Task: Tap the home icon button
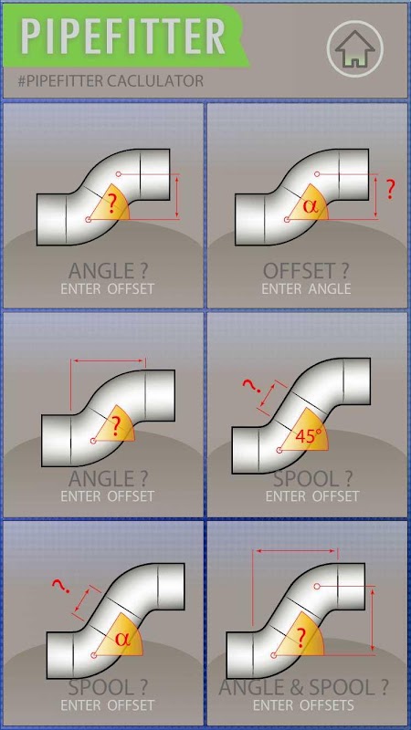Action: point(355,48)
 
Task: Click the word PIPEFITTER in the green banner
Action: point(123,36)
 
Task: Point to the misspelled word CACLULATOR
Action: point(154,81)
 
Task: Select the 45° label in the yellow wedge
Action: point(308,436)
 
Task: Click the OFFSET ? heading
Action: point(306,270)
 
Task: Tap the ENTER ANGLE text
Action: point(306,288)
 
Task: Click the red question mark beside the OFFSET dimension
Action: point(391,190)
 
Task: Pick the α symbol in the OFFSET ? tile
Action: point(310,205)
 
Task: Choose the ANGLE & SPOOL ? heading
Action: point(303,687)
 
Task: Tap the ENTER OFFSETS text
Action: point(303,705)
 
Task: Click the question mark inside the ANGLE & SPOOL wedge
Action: point(301,638)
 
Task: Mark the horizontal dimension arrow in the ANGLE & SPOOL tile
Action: point(297,551)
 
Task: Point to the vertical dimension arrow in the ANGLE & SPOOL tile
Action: point(373,620)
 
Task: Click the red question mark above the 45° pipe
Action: point(252,386)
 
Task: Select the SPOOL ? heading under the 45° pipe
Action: point(312,478)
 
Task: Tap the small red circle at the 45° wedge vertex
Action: point(279,451)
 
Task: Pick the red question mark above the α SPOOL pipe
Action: point(61,586)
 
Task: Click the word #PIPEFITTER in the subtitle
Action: point(60,81)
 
